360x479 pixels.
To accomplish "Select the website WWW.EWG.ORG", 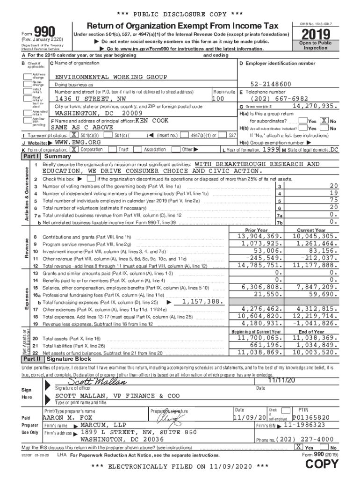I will tap(78, 142).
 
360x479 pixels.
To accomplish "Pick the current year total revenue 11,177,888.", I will tap(314, 265).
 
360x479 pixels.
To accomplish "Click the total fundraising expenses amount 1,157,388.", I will tap(202, 302).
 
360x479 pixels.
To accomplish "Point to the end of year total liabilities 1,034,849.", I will tap(314, 345).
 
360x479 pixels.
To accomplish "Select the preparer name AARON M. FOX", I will tap(68, 417).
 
